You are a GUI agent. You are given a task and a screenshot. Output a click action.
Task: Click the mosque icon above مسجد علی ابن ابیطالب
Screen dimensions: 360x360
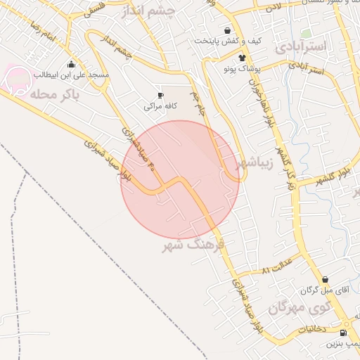71,63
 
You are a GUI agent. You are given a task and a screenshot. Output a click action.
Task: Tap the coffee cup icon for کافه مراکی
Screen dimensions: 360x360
161,95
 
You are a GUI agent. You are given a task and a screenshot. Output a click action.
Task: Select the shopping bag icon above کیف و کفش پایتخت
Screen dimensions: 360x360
227,30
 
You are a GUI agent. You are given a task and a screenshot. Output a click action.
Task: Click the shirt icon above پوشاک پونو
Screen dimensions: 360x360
242,58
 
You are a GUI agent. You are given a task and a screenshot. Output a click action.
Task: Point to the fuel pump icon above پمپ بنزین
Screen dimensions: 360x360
342,333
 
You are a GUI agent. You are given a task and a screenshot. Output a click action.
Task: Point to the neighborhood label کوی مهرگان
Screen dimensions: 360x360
299,307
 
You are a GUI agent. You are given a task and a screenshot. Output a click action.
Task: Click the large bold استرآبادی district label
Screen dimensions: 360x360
302,47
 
